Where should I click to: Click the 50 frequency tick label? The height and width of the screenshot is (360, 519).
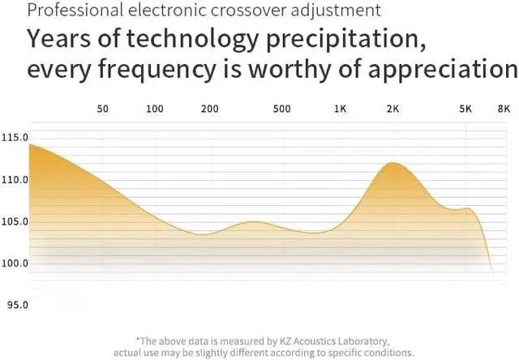click(x=102, y=108)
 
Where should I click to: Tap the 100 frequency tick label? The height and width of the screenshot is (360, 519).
click(x=155, y=108)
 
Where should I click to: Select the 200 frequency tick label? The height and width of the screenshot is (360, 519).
click(x=210, y=108)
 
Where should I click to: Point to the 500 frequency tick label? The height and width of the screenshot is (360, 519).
click(x=282, y=108)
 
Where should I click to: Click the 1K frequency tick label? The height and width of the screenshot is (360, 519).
click(x=340, y=108)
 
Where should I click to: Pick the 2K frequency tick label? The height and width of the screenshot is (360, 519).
click(x=393, y=108)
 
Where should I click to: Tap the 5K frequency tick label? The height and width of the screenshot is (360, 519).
click(x=465, y=108)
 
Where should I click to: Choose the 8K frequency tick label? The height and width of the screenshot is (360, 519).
click(x=504, y=108)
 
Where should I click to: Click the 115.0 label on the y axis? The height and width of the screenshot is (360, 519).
click(x=15, y=138)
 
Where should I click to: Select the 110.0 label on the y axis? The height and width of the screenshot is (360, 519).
click(x=15, y=179)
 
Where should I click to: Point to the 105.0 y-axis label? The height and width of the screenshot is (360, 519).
click(x=15, y=221)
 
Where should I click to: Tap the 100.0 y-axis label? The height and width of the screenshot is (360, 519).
click(x=15, y=264)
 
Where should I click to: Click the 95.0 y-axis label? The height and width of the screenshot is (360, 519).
click(x=15, y=305)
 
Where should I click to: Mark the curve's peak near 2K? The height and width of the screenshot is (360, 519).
click(x=393, y=163)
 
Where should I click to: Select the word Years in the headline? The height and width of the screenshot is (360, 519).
click(x=59, y=39)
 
